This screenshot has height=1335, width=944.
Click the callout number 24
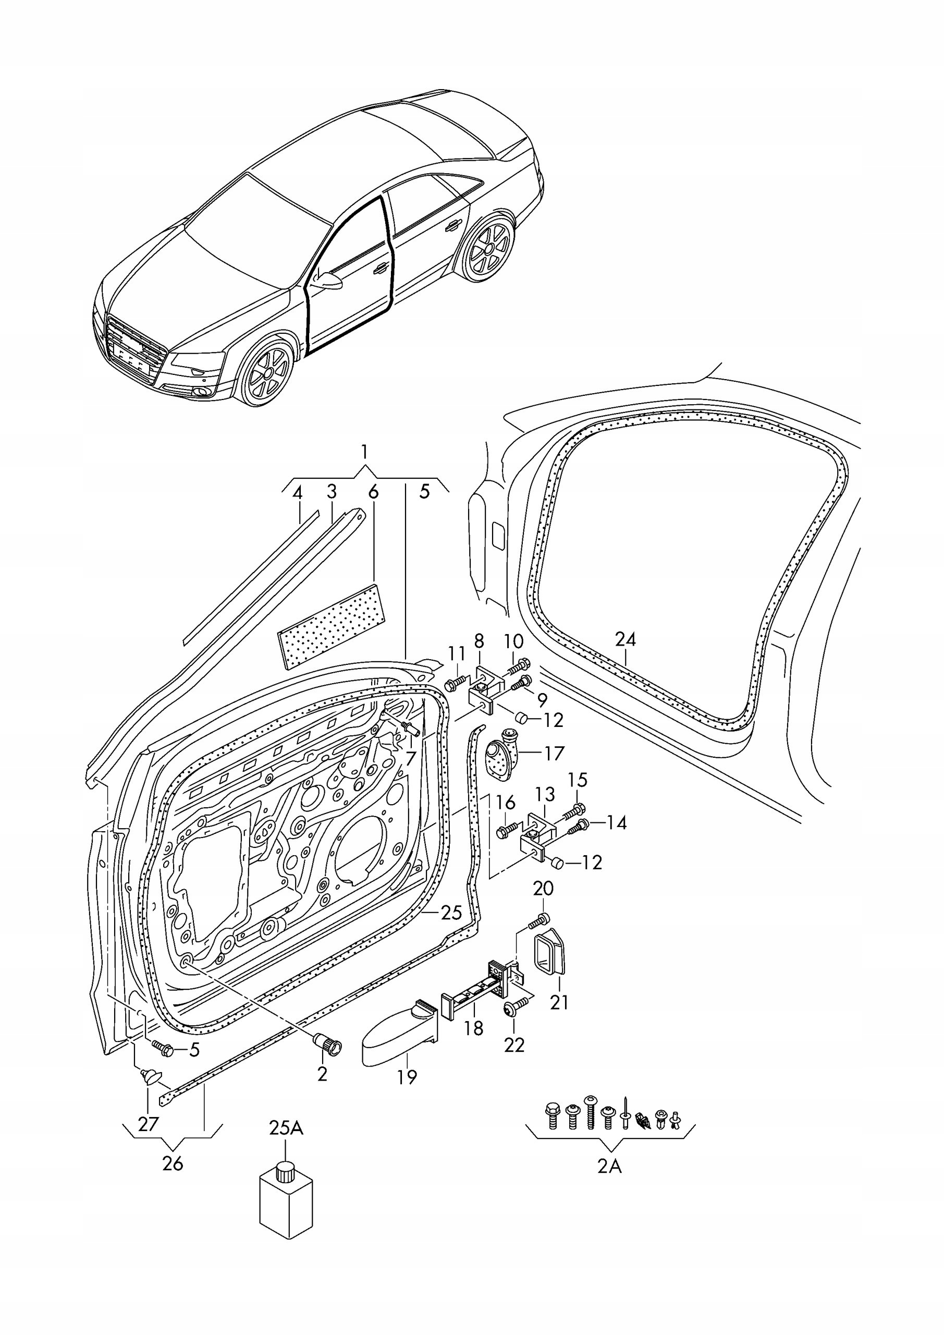tap(626, 639)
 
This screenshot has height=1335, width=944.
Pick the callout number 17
tap(554, 754)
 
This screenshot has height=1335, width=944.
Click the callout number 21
tap(559, 1002)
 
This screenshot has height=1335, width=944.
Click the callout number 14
tap(616, 822)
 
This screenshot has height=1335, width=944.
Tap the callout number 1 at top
tap(364, 452)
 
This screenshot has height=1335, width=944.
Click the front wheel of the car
tap(268, 372)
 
